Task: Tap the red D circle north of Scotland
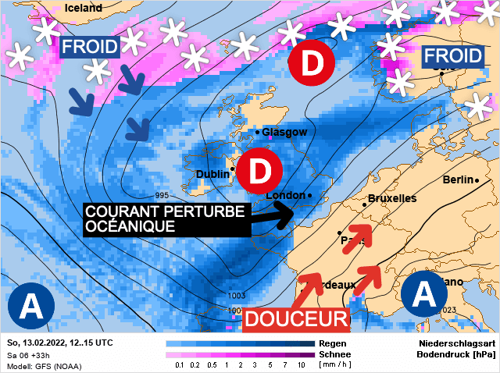(311, 62)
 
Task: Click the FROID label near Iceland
(90, 48)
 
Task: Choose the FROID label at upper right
(452, 56)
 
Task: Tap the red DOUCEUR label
(296, 318)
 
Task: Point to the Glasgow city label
(285, 132)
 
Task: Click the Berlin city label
(459, 179)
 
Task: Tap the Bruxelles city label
(392, 199)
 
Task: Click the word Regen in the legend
(331, 343)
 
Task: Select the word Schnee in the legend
(334, 354)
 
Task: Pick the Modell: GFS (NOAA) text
(41, 365)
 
